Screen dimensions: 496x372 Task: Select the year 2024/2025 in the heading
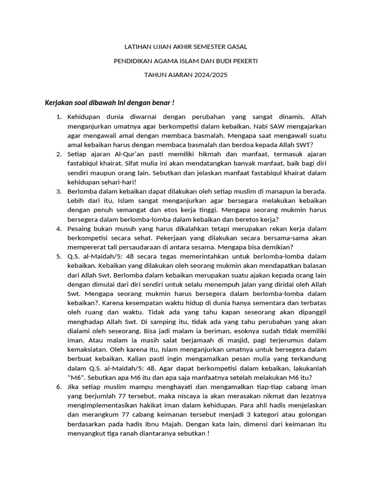pos(209,75)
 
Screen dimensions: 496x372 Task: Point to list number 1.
pos(59,117)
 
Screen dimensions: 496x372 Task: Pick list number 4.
pos(59,228)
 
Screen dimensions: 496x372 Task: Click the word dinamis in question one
pos(290,117)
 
